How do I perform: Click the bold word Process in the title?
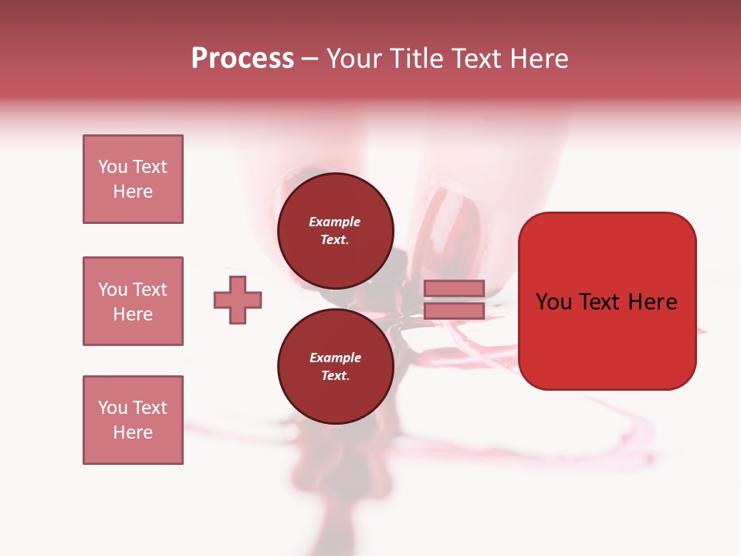tap(242, 59)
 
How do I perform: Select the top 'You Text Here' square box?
tap(133, 179)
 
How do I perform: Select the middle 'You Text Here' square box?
tap(133, 301)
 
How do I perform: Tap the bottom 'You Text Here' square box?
tap(133, 420)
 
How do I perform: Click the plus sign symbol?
tap(238, 300)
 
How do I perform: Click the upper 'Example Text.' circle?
tap(335, 231)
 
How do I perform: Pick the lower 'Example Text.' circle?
tap(335, 367)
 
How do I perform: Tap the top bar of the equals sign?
tap(454, 288)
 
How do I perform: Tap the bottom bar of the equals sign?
tap(454, 310)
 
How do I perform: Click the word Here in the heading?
tap(540, 59)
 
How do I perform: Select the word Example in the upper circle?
tap(335, 222)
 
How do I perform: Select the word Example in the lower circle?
tap(335, 358)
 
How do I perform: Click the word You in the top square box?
tap(112, 167)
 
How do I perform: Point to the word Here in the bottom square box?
tap(133, 432)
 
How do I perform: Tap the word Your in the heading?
tap(355, 59)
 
